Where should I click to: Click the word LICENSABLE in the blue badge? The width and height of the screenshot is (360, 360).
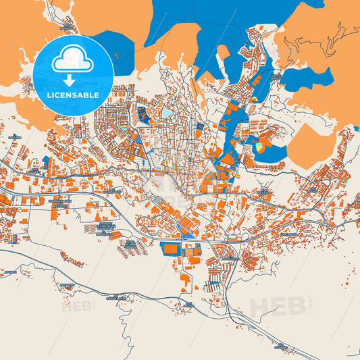click(x=72, y=94)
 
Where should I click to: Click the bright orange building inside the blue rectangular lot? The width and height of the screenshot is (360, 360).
click(x=170, y=249)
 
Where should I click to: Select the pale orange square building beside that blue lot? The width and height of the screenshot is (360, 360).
click(x=192, y=251)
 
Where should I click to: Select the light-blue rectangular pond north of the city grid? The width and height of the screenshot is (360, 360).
click(x=166, y=113)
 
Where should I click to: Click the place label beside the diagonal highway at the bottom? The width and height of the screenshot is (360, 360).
click(x=281, y=346)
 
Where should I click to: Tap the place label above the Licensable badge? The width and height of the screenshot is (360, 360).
click(x=65, y=28)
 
